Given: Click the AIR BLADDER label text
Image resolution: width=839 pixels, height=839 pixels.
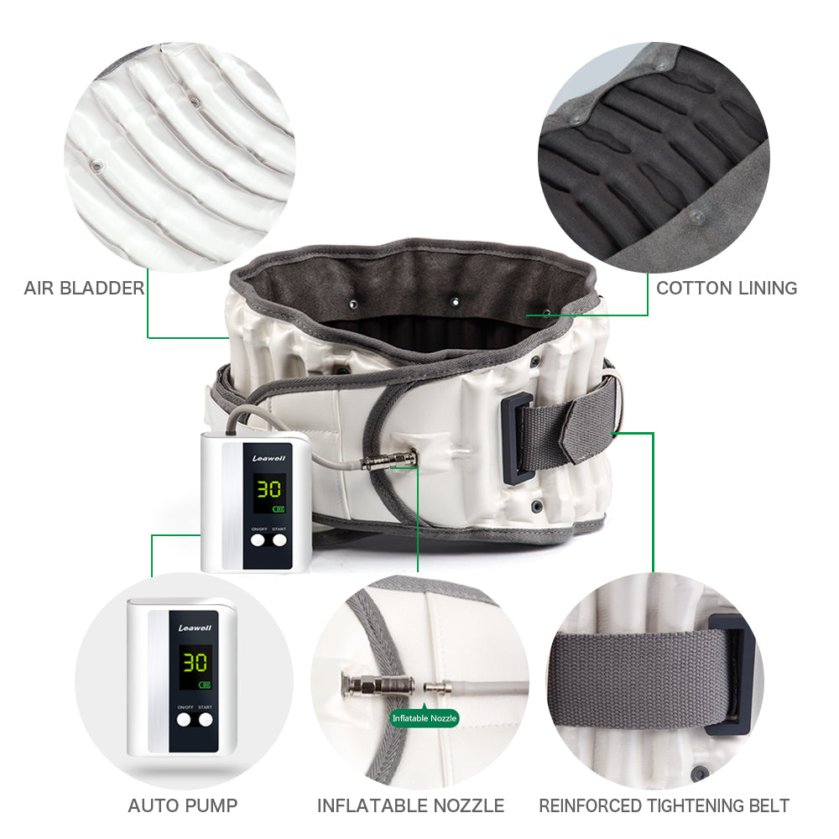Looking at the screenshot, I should (x=84, y=289).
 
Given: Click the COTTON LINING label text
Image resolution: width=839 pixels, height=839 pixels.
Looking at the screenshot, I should (x=727, y=289).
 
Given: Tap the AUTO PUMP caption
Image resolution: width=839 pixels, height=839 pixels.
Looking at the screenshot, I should (x=182, y=806).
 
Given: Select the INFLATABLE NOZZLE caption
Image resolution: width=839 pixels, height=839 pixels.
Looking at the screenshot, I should (x=410, y=806).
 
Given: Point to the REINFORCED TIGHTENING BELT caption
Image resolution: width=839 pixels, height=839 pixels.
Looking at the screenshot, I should (x=664, y=806).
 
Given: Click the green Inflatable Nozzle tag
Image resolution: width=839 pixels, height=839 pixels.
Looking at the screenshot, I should (x=425, y=718).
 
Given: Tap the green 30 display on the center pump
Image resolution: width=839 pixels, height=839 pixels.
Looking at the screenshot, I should (x=268, y=490).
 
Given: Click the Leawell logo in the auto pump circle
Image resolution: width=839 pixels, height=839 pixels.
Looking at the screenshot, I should (x=195, y=628).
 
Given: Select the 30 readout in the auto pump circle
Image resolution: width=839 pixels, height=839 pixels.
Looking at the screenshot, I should (x=195, y=663).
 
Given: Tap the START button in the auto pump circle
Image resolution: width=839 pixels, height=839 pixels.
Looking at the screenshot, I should (x=206, y=719).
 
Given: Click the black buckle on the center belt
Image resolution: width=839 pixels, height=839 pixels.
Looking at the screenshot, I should (x=514, y=437).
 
